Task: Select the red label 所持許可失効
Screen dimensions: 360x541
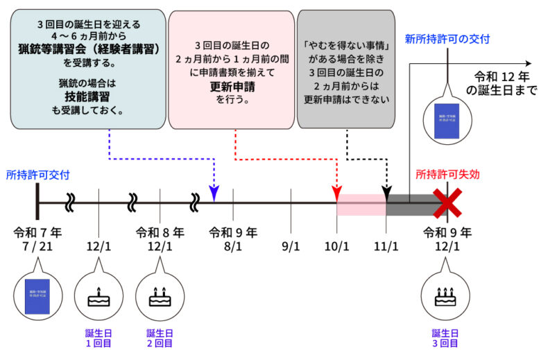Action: pos(448,175)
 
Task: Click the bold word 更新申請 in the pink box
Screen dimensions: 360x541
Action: pos(232,87)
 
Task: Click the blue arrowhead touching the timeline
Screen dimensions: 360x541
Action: pos(214,197)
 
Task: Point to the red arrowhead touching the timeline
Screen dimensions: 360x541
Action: pos(338,191)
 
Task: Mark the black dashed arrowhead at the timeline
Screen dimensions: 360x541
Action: pos(386,191)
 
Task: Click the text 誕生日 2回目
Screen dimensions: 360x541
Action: pos(160,337)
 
